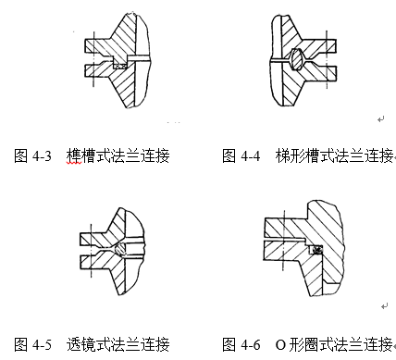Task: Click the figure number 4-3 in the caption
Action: click(41, 156)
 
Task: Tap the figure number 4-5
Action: click(41, 344)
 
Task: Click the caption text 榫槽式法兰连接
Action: click(118, 156)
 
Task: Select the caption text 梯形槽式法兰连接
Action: click(334, 156)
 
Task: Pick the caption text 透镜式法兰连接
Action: click(118, 344)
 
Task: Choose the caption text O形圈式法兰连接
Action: click(333, 344)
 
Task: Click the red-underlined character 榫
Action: click(74, 156)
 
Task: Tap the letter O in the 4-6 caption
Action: click(280, 344)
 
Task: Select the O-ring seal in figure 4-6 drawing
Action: click(316, 249)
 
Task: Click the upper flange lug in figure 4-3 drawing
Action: click(96, 45)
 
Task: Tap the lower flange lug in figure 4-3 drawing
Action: click(96, 70)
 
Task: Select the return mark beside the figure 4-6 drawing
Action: click(382, 306)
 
